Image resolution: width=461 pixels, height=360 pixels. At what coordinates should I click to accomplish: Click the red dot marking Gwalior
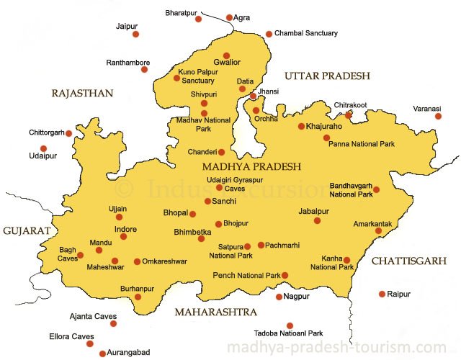click(x=226, y=55)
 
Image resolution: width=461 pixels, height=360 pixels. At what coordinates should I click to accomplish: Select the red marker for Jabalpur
click(x=317, y=220)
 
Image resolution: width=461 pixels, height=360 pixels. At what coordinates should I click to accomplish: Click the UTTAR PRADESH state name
click(x=326, y=76)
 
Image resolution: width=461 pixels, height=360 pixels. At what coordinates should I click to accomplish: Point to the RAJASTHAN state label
click(x=83, y=93)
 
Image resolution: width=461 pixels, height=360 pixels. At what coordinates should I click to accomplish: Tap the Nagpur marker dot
click(x=279, y=297)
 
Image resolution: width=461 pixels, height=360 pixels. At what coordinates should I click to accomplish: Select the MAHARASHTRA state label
click(x=216, y=312)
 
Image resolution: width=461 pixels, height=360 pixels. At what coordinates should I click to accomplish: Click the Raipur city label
click(x=398, y=294)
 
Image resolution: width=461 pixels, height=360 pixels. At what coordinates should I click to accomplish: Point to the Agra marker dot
click(x=230, y=17)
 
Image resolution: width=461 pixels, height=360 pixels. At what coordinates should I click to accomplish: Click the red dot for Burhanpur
click(x=138, y=297)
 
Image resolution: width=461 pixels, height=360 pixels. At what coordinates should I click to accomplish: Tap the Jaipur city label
click(x=126, y=26)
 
